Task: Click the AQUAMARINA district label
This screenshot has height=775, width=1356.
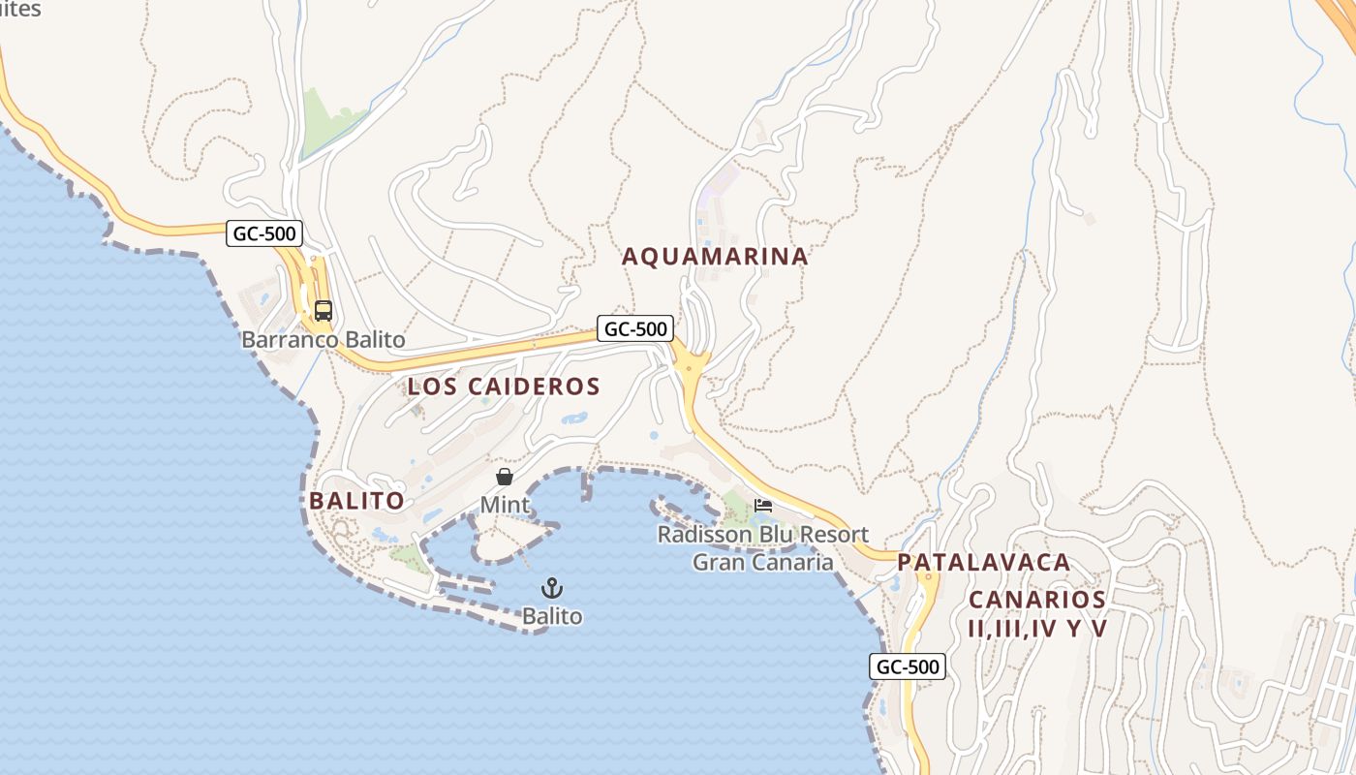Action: (x=715, y=257)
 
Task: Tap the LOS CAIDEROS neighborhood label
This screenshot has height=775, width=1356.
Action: (x=504, y=387)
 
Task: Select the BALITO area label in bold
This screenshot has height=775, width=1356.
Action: (x=356, y=501)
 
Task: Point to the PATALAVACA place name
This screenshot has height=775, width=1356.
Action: (x=984, y=563)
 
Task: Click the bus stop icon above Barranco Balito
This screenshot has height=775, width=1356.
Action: (x=324, y=311)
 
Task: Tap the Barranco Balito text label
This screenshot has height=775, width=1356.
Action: (x=323, y=340)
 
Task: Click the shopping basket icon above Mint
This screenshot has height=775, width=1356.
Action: (x=505, y=477)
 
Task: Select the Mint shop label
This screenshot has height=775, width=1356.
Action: (x=505, y=505)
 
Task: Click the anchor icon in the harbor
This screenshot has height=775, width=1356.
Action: (x=551, y=588)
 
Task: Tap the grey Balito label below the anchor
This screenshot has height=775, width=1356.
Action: (x=552, y=616)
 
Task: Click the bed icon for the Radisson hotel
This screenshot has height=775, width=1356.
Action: (x=763, y=506)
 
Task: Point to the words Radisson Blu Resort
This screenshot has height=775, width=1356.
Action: (x=763, y=535)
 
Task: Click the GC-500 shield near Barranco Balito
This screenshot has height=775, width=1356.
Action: (x=264, y=232)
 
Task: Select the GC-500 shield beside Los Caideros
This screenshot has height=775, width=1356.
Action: (x=634, y=328)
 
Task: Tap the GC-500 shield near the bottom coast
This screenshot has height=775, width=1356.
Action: (x=908, y=666)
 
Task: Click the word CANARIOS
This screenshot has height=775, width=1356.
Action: (x=1036, y=600)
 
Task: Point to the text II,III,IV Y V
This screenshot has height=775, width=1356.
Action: (x=1036, y=629)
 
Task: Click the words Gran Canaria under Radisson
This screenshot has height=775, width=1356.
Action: (x=763, y=563)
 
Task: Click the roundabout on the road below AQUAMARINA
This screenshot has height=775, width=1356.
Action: (x=690, y=366)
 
